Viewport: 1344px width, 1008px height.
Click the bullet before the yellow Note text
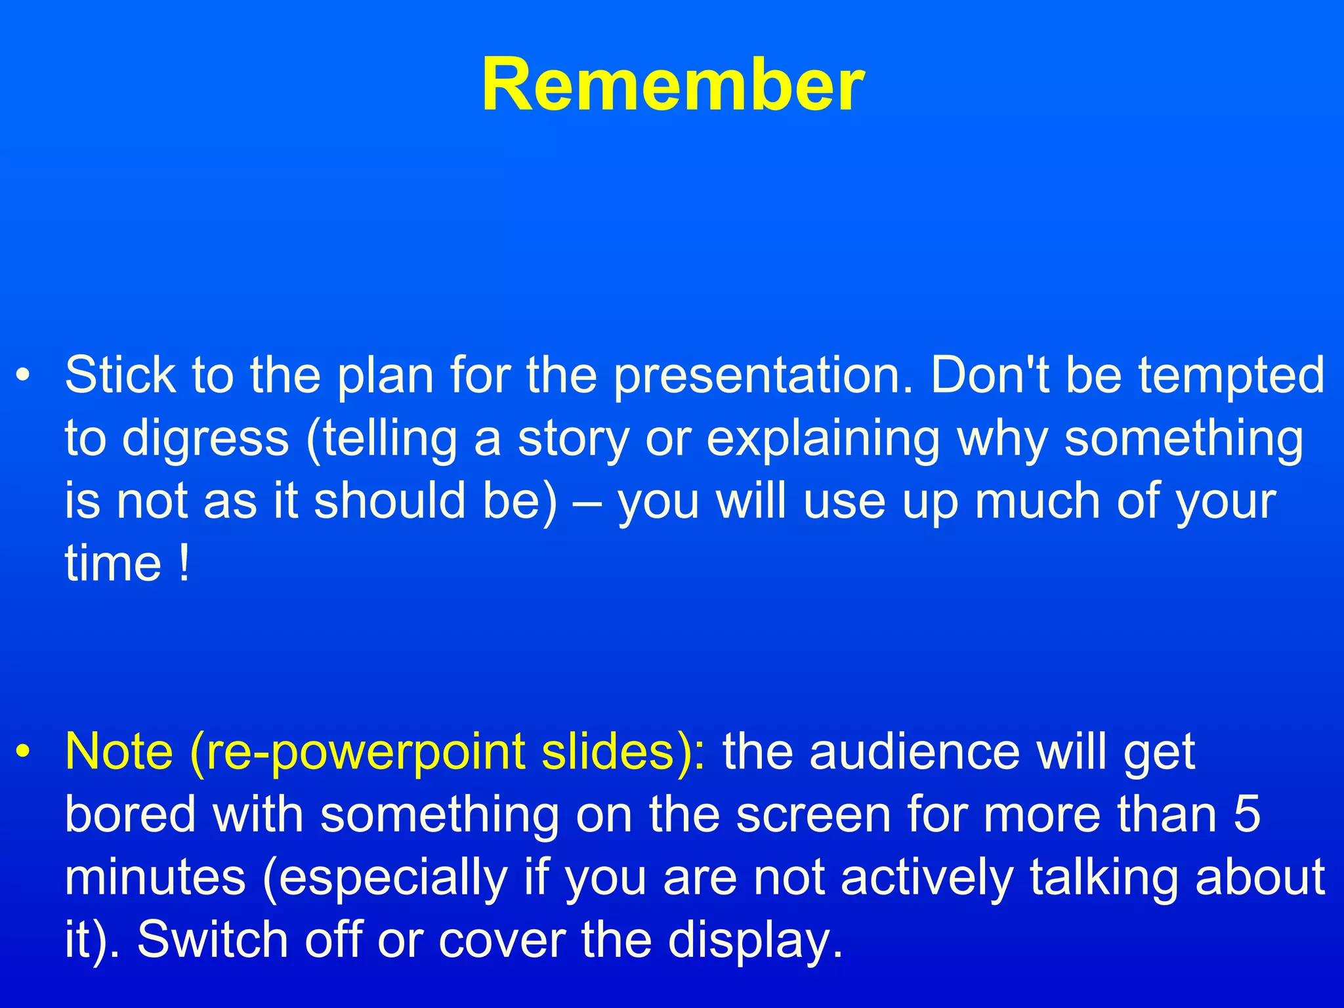pos(24,753)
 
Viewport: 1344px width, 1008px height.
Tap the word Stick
pos(120,375)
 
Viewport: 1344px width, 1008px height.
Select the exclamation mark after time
pos(184,563)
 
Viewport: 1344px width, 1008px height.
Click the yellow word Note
pos(119,751)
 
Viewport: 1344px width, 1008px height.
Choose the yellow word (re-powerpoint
pos(357,753)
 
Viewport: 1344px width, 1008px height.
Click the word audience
pos(915,751)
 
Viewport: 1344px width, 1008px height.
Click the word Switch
pos(214,939)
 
